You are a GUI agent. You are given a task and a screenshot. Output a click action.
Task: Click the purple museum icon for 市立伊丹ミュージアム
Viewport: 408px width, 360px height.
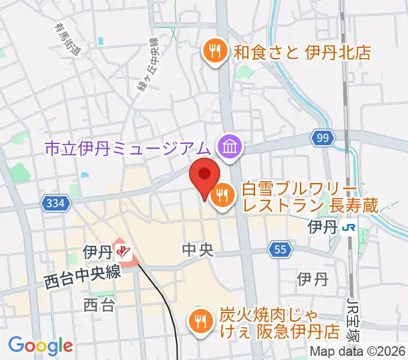pyautogui.click(x=230, y=146)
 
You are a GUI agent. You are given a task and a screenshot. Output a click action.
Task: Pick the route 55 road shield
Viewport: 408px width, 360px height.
pyautogui.click(x=280, y=250)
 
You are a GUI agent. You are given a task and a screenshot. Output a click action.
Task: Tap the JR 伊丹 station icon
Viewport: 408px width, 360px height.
pyautogui.click(x=347, y=228)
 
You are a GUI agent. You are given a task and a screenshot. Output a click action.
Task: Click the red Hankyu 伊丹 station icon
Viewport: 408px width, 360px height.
pyautogui.click(x=124, y=253)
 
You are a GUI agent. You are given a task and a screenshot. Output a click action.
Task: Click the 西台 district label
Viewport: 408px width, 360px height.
pyautogui.click(x=99, y=305)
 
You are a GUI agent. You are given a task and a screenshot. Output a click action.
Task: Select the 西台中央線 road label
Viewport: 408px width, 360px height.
pyautogui.click(x=83, y=275)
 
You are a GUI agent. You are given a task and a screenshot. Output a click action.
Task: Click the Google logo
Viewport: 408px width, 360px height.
pyautogui.click(x=40, y=346)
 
